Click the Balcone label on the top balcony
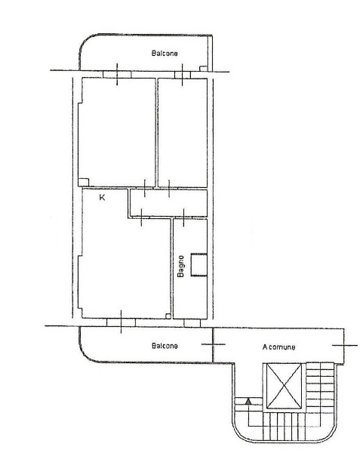pyautogui.click(x=165, y=53)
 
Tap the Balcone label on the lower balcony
pyautogui.click(x=165, y=346)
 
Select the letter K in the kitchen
pyautogui.click(x=102, y=198)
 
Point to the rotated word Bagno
pyautogui.click(x=180, y=266)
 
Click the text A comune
pyautogui.click(x=278, y=347)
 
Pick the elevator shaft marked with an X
pyautogui.click(x=284, y=386)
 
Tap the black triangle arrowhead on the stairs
pyautogui.click(x=248, y=401)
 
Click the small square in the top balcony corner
pyautogui.click(x=204, y=69)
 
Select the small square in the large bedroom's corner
pyautogui.click(x=83, y=182)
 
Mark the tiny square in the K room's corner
pyautogui.click(x=168, y=316)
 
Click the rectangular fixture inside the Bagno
pyautogui.click(x=199, y=265)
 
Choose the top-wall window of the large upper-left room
pyautogui.click(x=117, y=75)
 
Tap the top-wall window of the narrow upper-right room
pyautogui.click(x=183, y=75)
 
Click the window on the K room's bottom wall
pyautogui.click(x=121, y=322)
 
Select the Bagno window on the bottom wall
pyautogui.click(x=192, y=323)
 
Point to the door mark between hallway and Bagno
pyautogui.click(x=184, y=217)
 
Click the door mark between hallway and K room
pyautogui.click(x=141, y=217)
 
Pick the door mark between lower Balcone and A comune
pyautogui.click(x=213, y=344)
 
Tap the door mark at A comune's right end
pyautogui.click(x=345, y=345)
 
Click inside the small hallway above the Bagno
pyautogui.click(x=168, y=203)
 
